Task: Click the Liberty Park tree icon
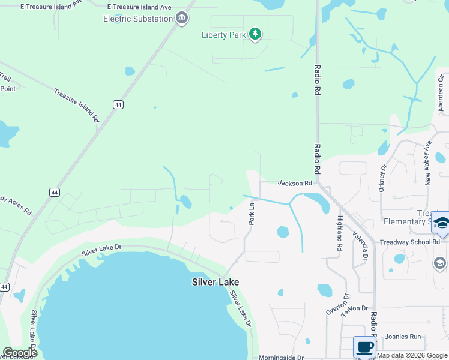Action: click(255, 34)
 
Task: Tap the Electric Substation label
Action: click(138, 19)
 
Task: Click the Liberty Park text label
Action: click(224, 35)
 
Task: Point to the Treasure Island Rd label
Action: click(76, 106)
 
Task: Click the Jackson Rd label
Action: click(295, 183)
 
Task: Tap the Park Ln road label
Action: click(252, 214)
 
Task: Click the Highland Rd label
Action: click(340, 233)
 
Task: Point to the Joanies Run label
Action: click(403, 337)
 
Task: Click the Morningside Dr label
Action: click(282, 358)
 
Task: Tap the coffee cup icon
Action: click(364, 347)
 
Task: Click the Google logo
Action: click(20, 353)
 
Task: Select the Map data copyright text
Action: click(412, 355)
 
